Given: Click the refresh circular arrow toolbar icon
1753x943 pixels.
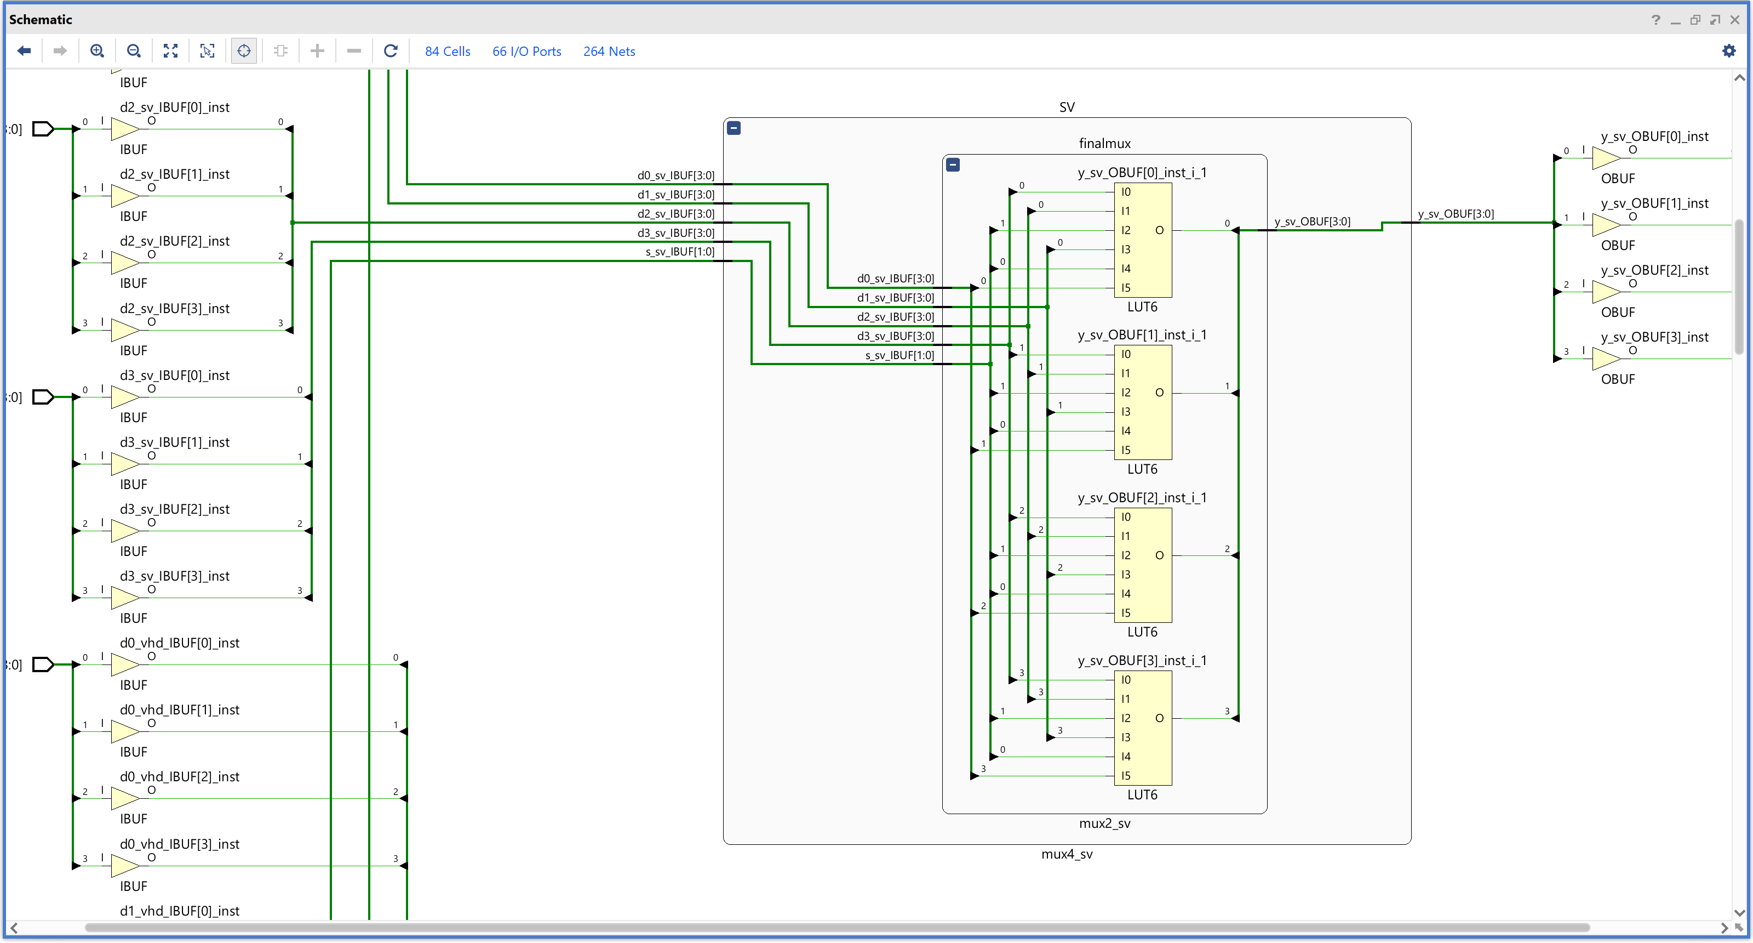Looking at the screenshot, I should pos(391,51).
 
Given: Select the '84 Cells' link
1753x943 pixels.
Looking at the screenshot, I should pos(447,52).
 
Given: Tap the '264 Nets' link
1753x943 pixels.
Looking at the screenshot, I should pos(609,52).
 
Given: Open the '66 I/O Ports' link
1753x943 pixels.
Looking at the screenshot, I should pos(526,52).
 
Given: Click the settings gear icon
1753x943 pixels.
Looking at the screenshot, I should pos(1728,51).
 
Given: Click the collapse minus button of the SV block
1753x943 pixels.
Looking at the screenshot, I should pos(734,128).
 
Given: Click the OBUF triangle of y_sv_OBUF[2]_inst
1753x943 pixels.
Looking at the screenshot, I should pos(1605,292).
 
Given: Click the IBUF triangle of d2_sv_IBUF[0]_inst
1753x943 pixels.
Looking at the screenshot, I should pos(124,129).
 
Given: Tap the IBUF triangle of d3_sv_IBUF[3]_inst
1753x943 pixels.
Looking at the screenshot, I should pos(124,598).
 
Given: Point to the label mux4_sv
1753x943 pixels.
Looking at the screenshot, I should pos(1067,854).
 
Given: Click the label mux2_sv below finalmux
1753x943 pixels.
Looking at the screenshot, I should pos(1104,823).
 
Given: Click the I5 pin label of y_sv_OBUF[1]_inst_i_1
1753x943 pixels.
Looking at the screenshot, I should pos(1126,450).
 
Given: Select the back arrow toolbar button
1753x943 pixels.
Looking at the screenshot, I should pos(25,51).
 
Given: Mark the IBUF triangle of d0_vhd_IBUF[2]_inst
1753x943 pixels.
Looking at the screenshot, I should pos(124,798).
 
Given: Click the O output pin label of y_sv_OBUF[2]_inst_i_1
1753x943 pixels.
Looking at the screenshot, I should pos(1159,555).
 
